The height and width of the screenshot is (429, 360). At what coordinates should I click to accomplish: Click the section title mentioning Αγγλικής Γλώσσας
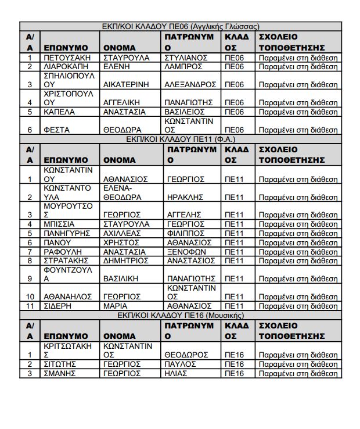click(x=180, y=26)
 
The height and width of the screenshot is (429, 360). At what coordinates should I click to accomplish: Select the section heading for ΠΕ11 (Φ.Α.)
click(x=180, y=140)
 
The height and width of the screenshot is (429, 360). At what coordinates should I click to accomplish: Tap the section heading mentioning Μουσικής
click(x=180, y=315)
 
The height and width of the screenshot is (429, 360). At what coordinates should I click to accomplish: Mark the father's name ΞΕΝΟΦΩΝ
click(x=185, y=252)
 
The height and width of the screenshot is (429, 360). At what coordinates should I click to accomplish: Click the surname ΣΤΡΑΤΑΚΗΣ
click(x=67, y=261)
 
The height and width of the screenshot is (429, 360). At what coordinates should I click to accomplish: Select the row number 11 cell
click(x=29, y=306)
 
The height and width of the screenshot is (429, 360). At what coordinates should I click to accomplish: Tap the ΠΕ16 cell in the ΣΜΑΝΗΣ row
click(x=237, y=373)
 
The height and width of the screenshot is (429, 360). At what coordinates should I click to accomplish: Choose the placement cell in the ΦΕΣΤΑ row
click(x=298, y=130)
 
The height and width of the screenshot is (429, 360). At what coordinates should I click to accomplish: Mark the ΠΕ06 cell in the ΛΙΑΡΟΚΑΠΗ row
click(x=237, y=67)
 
